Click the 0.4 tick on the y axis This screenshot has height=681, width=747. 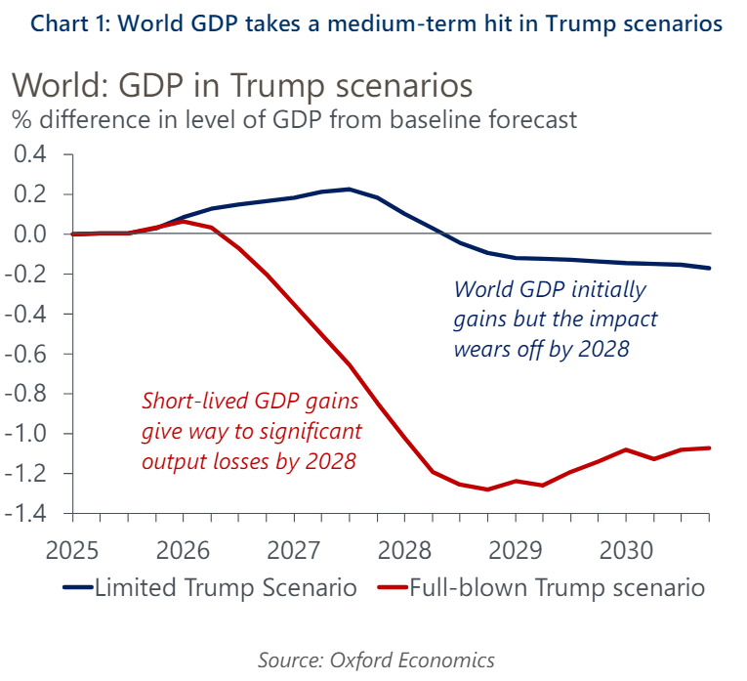pyautogui.click(x=29, y=154)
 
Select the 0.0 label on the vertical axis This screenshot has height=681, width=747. pyautogui.click(x=29, y=234)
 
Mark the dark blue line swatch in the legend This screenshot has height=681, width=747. pyautogui.click(x=77, y=588)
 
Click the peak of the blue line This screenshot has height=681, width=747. pyautogui.click(x=349, y=189)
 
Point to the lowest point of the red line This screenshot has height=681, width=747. pyautogui.click(x=487, y=489)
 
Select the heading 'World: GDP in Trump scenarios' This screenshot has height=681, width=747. pyautogui.click(x=242, y=86)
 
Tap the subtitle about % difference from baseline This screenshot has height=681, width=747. pyautogui.click(x=294, y=120)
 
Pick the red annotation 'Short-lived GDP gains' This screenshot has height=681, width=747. pyautogui.click(x=250, y=402)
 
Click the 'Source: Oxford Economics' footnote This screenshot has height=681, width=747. pyautogui.click(x=376, y=660)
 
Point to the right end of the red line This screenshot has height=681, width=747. pyautogui.click(x=709, y=447)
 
